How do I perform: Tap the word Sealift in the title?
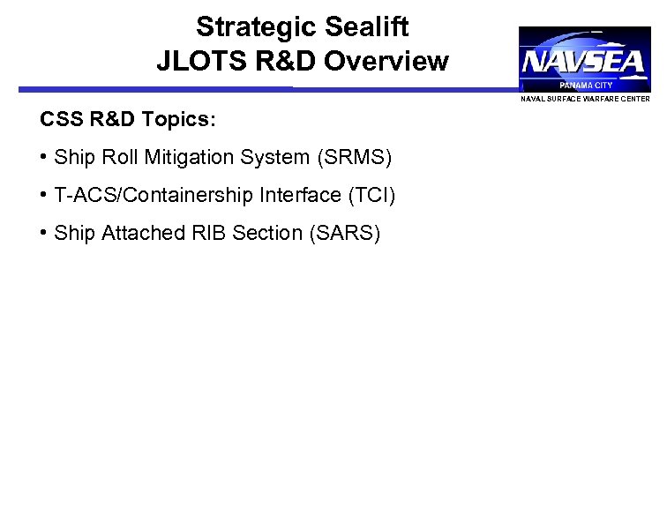(366, 27)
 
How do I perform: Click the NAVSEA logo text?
(584, 63)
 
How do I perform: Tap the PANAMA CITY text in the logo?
(585, 86)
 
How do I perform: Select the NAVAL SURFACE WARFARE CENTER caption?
(585, 99)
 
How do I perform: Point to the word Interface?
(291, 196)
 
